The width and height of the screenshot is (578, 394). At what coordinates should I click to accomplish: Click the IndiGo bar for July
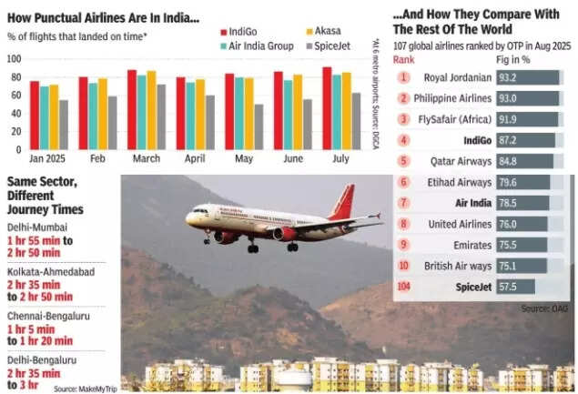click(x=327, y=108)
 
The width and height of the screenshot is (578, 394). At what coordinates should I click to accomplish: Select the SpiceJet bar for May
click(x=259, y=126)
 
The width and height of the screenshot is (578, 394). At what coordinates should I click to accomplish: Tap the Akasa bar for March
click(x=151, y=110)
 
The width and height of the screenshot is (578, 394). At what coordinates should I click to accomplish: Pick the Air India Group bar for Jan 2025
click(x=44, y=117)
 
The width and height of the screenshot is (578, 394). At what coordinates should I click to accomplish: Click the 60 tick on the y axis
click(x=14, y=95)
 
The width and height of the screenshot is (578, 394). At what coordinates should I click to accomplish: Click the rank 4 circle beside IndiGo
click(x=402, y=139)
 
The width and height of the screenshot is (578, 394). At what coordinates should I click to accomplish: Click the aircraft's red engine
click(x=285, y=234)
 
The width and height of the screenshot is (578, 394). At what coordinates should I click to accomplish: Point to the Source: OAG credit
click(x=544, y=308)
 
